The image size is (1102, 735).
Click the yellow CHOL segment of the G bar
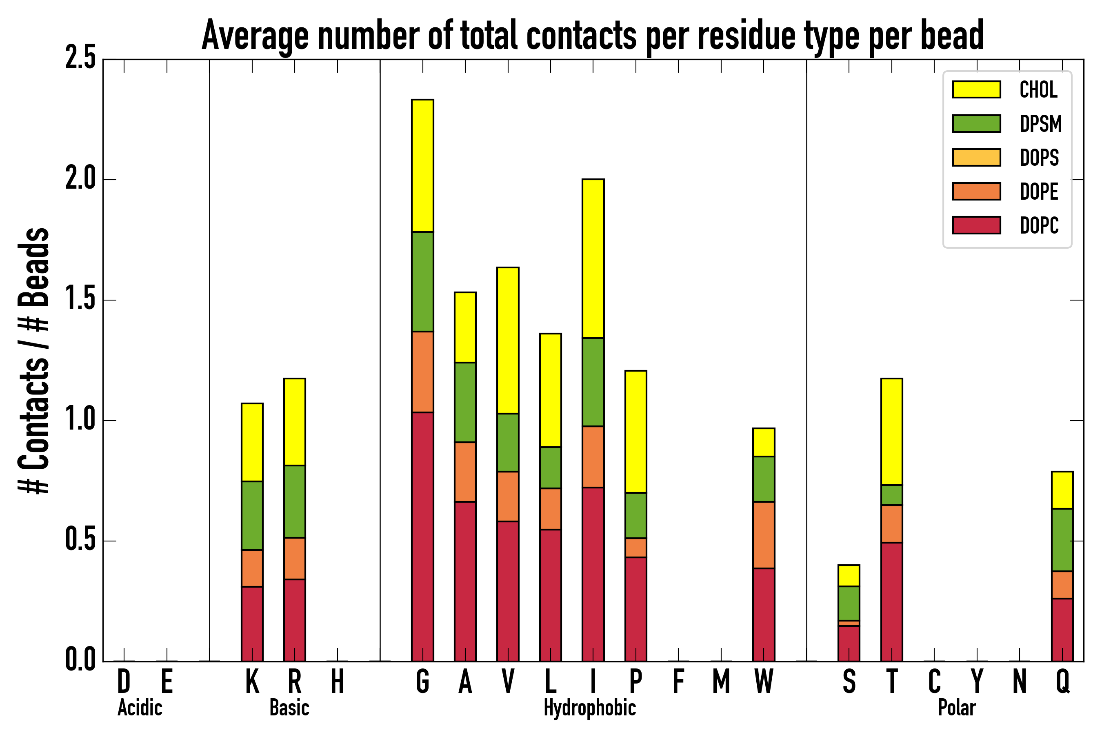coord(422,165)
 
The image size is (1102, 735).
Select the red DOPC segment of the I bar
coord(593,574)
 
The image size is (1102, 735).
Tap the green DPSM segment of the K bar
coord(252,515)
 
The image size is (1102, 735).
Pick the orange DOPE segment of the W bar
coord(763,535)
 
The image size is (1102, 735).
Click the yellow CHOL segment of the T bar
coord(892,431)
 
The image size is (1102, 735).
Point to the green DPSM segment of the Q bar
coord(1062,539)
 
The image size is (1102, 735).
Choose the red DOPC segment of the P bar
coord(635,609)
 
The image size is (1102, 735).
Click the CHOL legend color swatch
coord(976,89)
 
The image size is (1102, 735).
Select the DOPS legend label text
coord(1039,158)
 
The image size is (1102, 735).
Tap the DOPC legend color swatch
coord(976,225)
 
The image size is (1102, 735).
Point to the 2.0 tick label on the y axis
coord(80,179)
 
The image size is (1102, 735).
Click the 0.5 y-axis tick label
coord(80,541)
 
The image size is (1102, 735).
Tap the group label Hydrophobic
coord(589,708)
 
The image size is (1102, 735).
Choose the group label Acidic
coord(140,708)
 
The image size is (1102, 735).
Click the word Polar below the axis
coord(957,708)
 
